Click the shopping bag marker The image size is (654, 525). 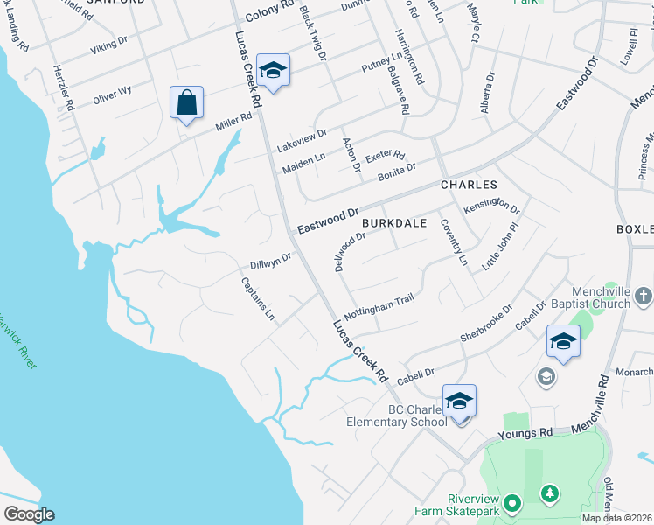click(186, 103)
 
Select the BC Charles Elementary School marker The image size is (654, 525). click(459, 402)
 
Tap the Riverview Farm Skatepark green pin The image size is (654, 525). click(513, 503)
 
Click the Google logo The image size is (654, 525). click(29, 514)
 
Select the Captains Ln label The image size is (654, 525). click(258, 299)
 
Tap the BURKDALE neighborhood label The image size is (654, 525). click(394, 223)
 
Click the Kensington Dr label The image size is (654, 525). click(492, 206)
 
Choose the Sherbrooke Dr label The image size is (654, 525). click(486, 326)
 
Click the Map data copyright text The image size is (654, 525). click(617, 518)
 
